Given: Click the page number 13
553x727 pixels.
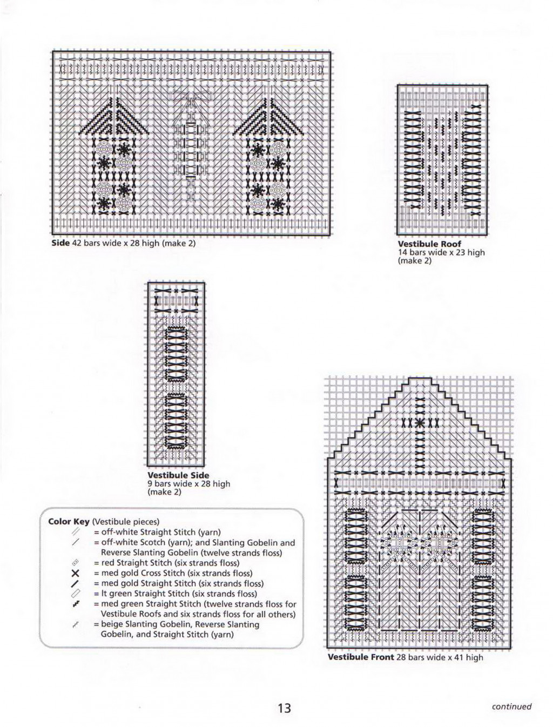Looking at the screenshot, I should point(284,708).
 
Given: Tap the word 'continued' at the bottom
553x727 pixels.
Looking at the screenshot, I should point(511,706).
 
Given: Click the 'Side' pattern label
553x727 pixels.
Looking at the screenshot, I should point(60,243).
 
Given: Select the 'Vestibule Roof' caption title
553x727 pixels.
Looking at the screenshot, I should point(429,244).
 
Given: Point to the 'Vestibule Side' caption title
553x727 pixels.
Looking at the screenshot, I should point(178,475).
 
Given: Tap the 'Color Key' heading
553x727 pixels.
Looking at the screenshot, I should point(69,522).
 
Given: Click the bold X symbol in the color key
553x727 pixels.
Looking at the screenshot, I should point(76,574).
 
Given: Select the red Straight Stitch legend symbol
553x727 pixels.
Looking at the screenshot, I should point(76,563).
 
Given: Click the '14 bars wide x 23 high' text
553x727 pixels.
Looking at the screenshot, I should point(441,252).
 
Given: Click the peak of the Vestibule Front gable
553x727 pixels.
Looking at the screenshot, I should point(419,379).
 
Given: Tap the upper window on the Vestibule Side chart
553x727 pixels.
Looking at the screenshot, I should point(176,354).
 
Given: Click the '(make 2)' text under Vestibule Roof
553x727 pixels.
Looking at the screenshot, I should point(414,260).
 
